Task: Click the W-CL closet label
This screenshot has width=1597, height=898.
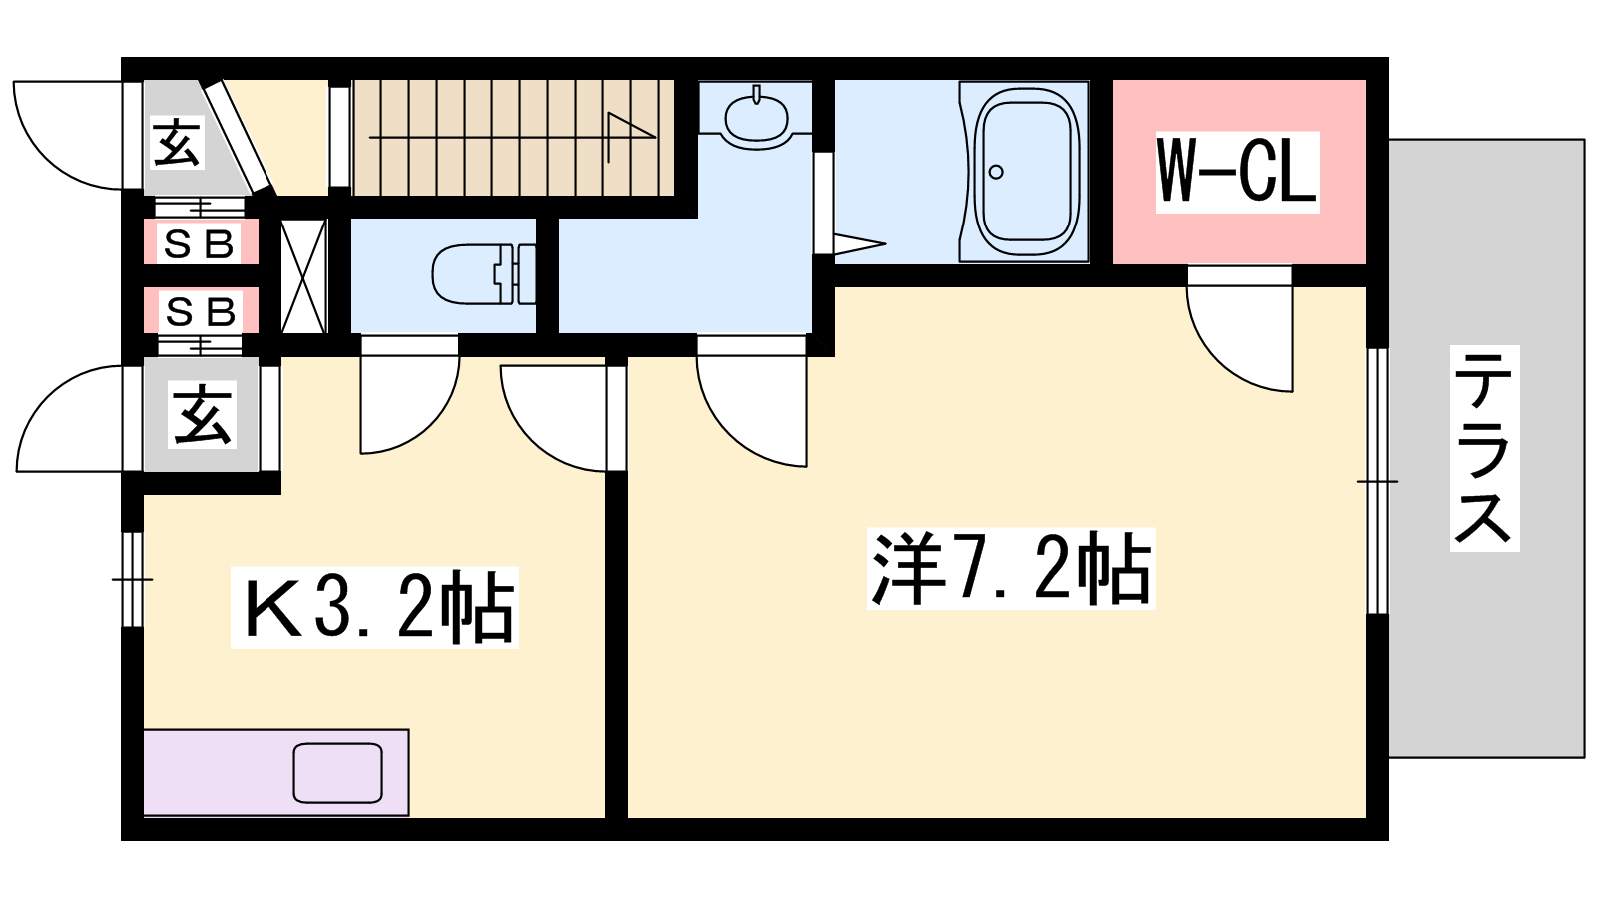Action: [x=1237, y=172]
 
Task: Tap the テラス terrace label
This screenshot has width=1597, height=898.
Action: [x=1484, y=448]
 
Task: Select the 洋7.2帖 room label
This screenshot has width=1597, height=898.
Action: [x=1011, y=568]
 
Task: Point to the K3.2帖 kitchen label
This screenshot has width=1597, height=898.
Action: [x=374, y=608]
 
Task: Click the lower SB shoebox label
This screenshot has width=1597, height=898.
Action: [x=201, y=311]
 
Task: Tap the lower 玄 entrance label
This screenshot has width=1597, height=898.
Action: [x=202, y=415]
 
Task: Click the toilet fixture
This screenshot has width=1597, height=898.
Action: [x=483, y=273]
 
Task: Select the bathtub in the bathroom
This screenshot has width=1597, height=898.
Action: [x=1024, y=172]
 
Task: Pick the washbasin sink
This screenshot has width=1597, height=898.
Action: [x=756, y=114]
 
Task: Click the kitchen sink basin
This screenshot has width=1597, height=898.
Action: [x=338, y=773]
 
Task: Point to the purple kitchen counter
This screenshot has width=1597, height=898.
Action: [x=275, y=772]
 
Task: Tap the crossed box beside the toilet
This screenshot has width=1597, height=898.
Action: [x=303, y=276]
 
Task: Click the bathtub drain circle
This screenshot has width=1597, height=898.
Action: [x=997, y=171]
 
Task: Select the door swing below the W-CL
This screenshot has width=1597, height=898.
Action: [x=1240, y=328]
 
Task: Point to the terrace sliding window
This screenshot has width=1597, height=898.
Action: [x=1378, y=481]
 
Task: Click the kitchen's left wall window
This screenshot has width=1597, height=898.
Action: [x=133, y=579]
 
